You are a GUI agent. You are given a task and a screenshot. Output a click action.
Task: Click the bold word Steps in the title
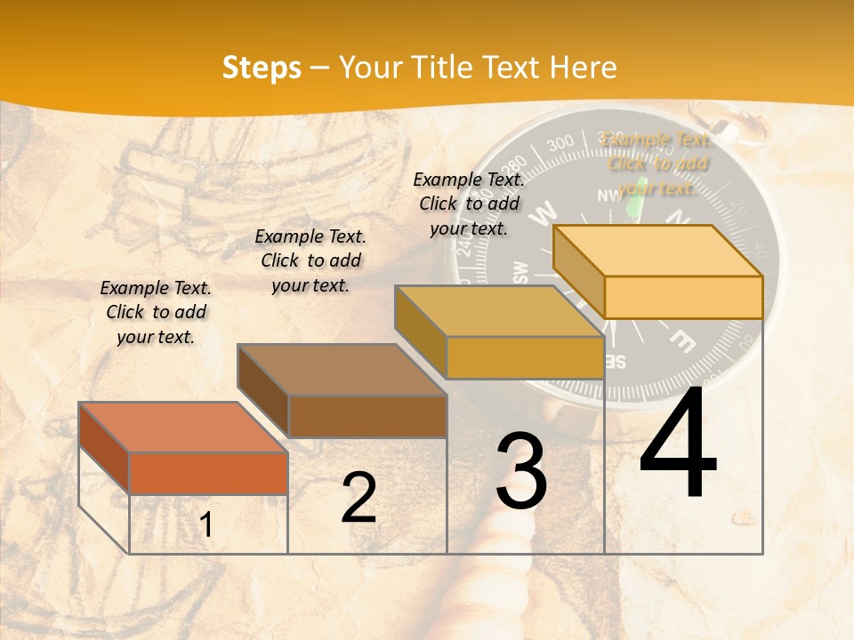(262, 68)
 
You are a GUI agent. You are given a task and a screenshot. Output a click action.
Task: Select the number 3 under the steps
(520, 471)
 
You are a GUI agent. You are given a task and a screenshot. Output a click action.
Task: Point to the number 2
(359, 498)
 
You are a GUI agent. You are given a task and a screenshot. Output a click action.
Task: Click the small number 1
(205, 525)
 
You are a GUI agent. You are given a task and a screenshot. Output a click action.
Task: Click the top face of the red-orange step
(183, 427)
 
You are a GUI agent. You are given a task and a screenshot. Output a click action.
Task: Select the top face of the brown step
(342, 369)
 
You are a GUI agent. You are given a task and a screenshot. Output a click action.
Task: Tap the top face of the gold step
(499, 311)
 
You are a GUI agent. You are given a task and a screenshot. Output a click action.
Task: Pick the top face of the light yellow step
(658, 251)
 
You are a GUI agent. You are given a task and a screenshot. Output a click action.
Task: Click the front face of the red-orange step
(208, 473)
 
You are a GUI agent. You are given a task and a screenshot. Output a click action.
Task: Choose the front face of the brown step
(367, 416)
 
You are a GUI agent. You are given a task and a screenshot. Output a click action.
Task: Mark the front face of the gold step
(525, 357)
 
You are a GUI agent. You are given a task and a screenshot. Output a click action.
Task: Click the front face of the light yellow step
(683, 297)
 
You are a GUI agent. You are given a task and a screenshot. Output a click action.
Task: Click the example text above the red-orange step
(156, 312)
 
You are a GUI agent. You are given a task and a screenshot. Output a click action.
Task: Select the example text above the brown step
(310, 260)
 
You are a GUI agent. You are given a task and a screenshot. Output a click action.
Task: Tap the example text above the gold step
(469, 204)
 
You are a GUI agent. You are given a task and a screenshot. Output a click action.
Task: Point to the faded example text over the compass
(657, 163)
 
